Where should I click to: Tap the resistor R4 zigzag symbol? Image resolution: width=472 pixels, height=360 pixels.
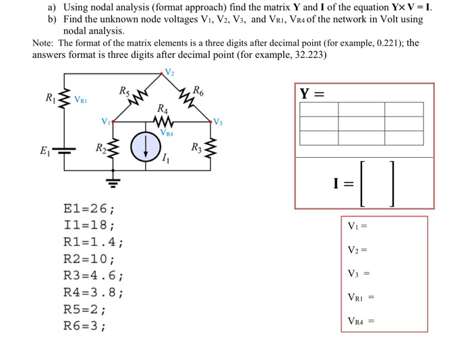coord(162,122)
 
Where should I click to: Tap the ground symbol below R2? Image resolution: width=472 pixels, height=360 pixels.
coord(113,181)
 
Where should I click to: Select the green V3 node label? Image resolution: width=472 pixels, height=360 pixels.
coord(217,121)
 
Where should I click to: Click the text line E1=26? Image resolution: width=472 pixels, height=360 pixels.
coord(88,208)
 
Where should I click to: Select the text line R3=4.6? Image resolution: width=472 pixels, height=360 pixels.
coord(93,276)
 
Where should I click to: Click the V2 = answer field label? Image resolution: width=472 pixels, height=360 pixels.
coord(358,250)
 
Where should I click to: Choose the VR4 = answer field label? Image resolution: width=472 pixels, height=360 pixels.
coord(361,322)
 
